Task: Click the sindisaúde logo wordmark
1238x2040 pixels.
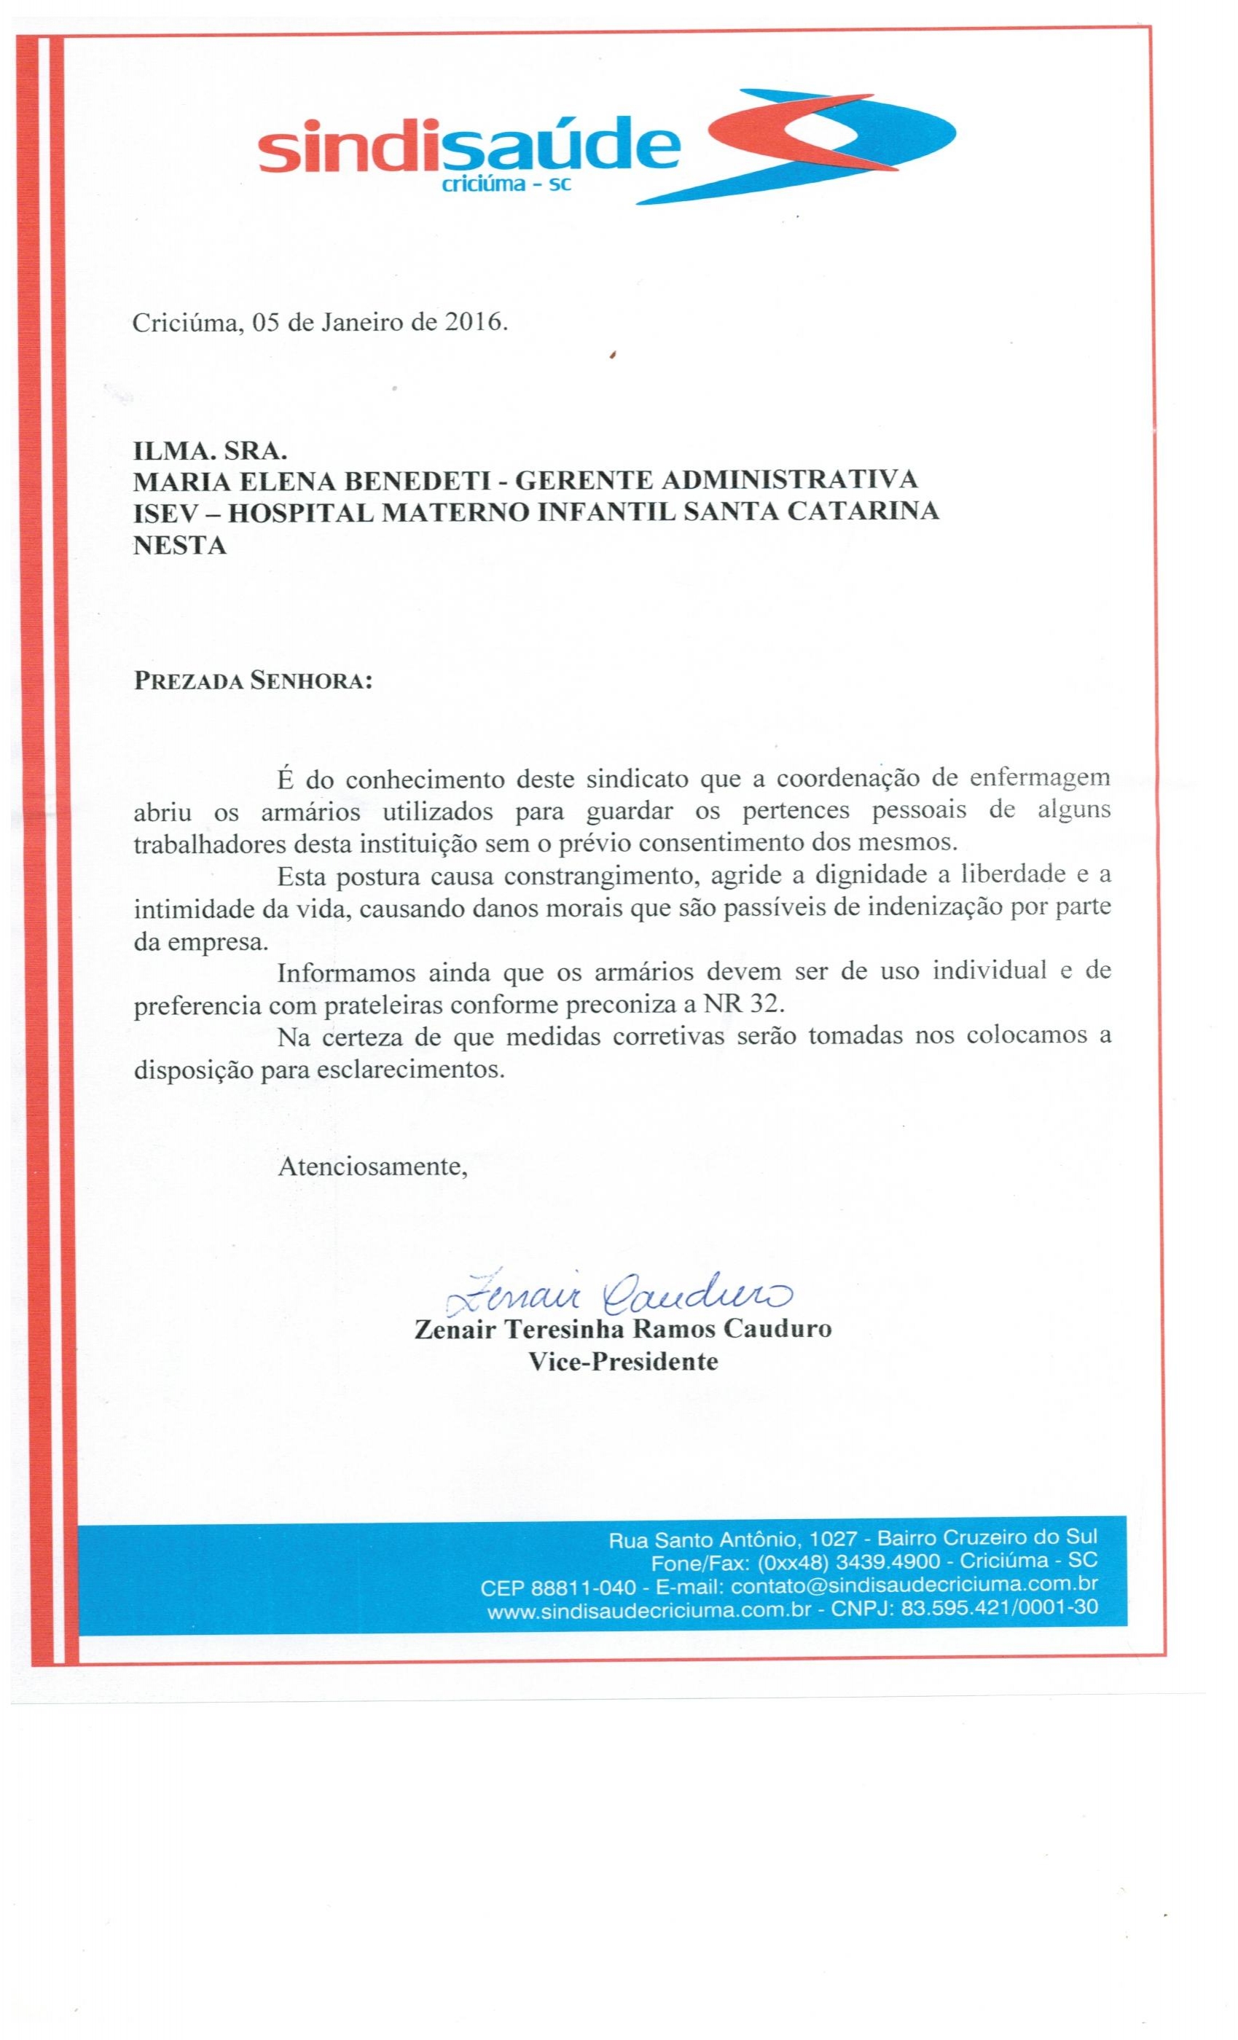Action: pyautogui.click(x=469, y=149)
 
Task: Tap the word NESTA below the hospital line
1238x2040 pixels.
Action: pyautogui.click(x=180, y=545)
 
